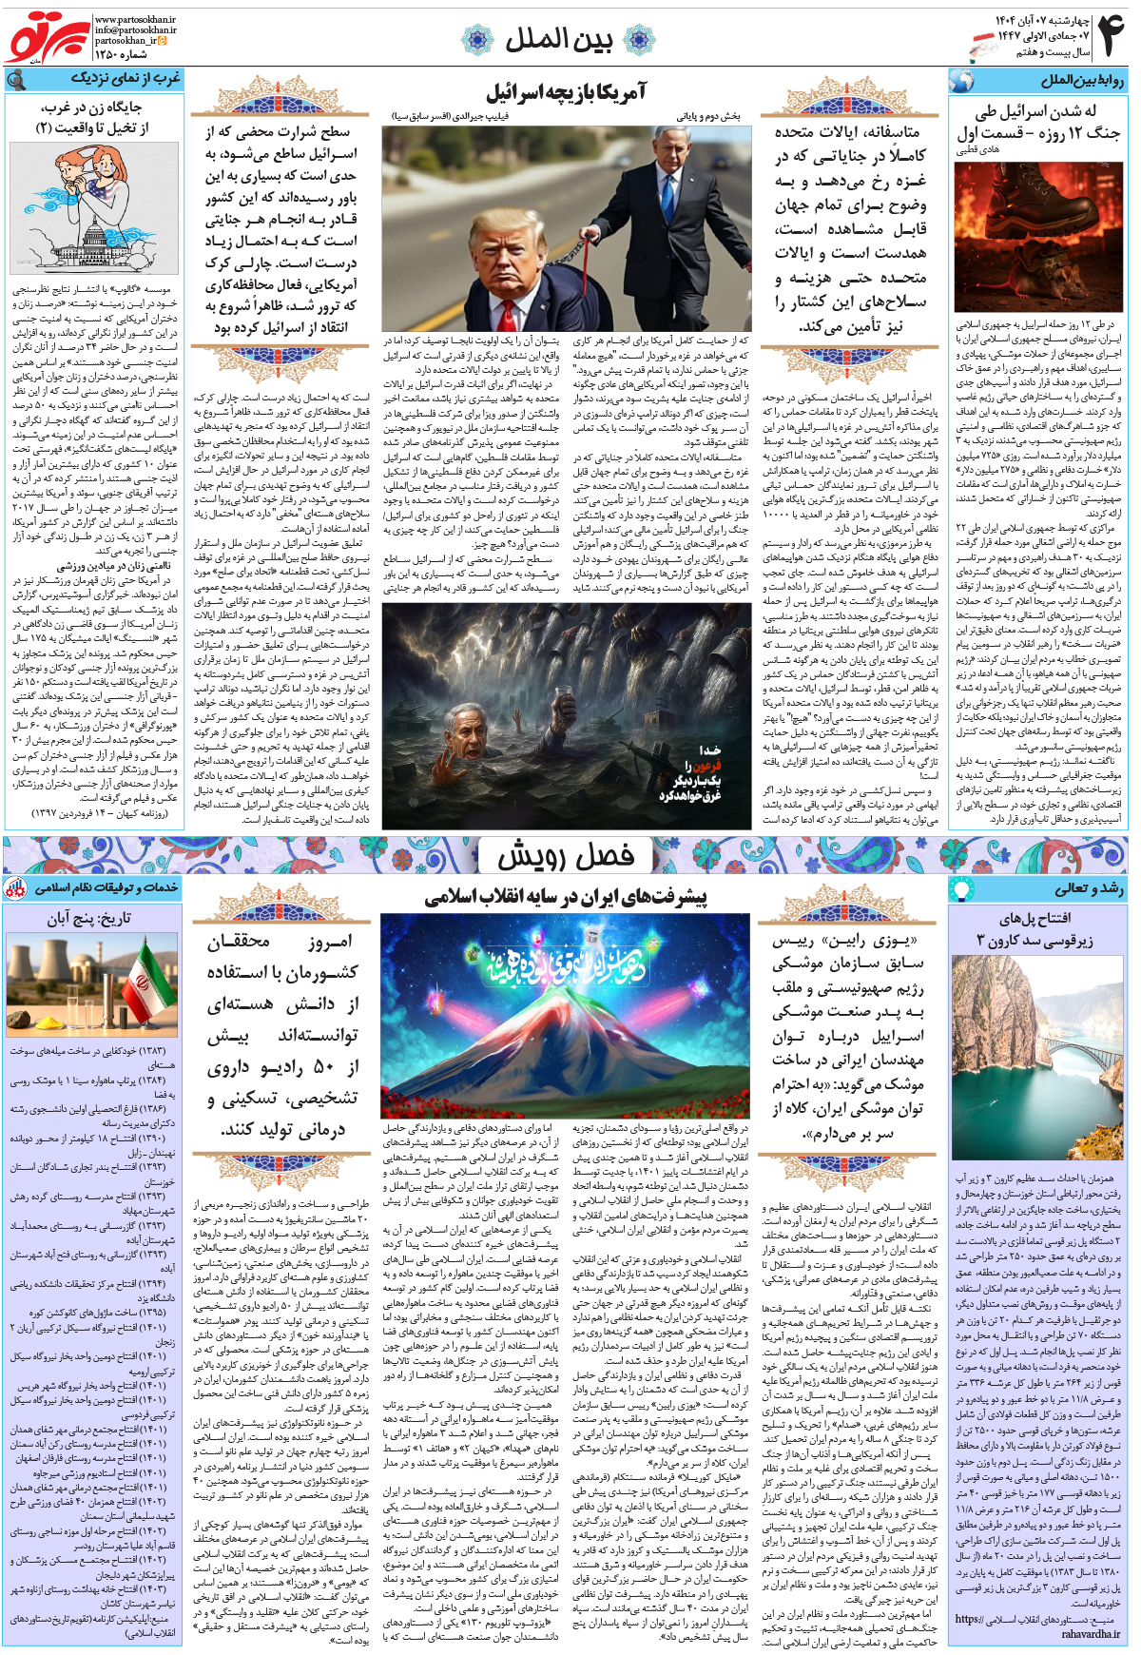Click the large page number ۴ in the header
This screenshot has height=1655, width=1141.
coord(1110,35)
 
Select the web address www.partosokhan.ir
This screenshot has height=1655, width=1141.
coord(134,19)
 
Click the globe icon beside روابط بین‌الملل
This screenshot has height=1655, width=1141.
coord(962,80)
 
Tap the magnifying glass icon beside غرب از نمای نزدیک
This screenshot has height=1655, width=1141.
coord(16,80)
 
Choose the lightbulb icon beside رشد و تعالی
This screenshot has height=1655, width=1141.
coord(962,889)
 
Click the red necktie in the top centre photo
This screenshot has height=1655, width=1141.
coord(524,298)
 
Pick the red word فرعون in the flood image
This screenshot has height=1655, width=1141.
coord(706,765)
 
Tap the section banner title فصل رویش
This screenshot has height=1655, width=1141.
coord(567,857)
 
